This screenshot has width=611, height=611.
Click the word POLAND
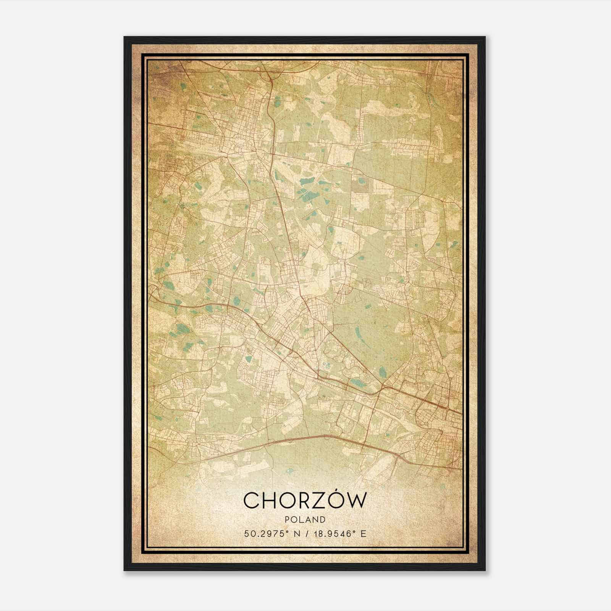[x=305, y=520]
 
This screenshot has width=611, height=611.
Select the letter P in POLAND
[x=288, y=520]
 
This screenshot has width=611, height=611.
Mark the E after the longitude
[x=364, y=534]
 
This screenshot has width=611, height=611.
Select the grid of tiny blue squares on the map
[x=325, y=366]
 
